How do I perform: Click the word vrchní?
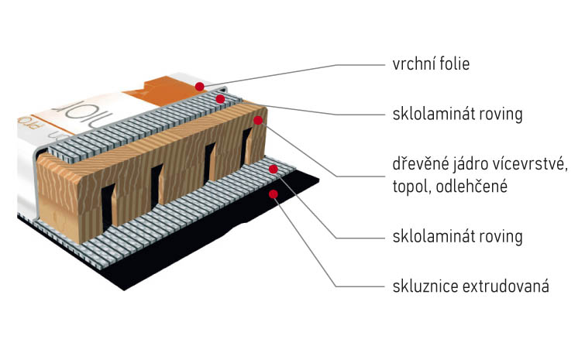pos(414,64)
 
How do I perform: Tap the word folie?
pos(454,63)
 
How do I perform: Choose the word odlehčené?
pos(472,186)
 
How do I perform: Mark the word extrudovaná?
pos(506,286)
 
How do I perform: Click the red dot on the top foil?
pos(200,87)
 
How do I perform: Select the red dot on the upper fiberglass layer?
pos(220,99)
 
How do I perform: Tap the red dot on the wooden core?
pos(258,120)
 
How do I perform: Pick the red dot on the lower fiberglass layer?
pos(273,169)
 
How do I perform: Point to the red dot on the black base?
pos(273,194)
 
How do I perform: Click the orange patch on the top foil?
pos(161,91)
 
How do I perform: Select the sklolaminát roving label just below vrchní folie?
pos(457,114)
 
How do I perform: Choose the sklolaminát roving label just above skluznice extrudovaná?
pos(457,236)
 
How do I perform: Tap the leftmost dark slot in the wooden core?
pos(108,206)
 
